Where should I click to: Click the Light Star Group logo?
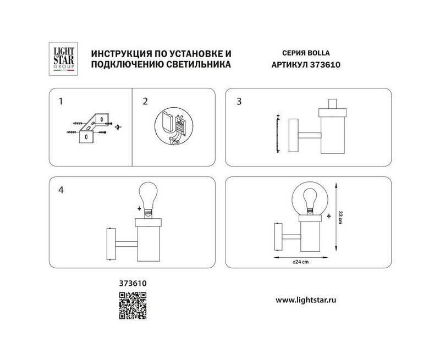point(63,59)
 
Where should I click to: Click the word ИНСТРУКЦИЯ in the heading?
point(118,53)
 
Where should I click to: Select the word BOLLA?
point(319,53)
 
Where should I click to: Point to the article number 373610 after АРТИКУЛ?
point(325,65)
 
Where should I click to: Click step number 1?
point(61,101)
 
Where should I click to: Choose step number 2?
point(145,101)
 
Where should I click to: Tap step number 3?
point(239,101)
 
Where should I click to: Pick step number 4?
point(61,190)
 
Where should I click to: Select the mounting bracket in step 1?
point(94,128)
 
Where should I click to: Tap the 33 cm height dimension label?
point(340,217)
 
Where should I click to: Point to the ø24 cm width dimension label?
point(300,262)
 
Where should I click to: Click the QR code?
point(133,306)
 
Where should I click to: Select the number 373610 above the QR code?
point(133,284)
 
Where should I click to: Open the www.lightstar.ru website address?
point(306,300)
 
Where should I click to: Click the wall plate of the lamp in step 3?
point(294,135)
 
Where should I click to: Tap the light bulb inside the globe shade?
point(310,199)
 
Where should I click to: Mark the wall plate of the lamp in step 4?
point(112,244)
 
